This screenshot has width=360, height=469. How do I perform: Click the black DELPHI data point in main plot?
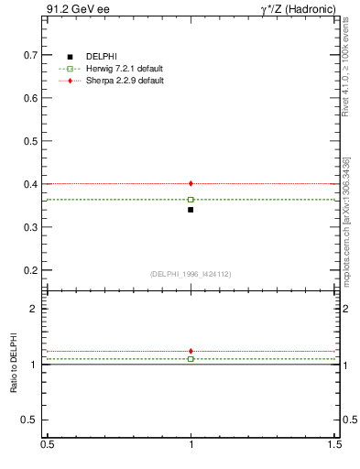pyautogui.click(x=191, y=210)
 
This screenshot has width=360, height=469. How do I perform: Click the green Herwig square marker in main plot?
pyautogui.click(x=191, y=199)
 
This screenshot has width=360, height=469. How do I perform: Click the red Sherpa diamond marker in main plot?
pyautogui.click(x=191, y=183)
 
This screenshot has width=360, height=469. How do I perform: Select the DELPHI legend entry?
pyautogui.click(x=101, y=57)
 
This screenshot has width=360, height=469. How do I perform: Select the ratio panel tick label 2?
pyautogui.click(x=35, y=309)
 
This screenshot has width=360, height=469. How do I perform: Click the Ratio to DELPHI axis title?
pyautogui.click(x=14, y=365)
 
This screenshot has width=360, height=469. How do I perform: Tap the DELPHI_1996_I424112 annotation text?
pyautogui.click(x=191, y=274)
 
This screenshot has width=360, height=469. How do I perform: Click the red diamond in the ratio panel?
pyautogui.click(x=191, y=351)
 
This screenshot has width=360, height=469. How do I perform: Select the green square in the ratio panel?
pyautogui.click(x=191, y=359)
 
